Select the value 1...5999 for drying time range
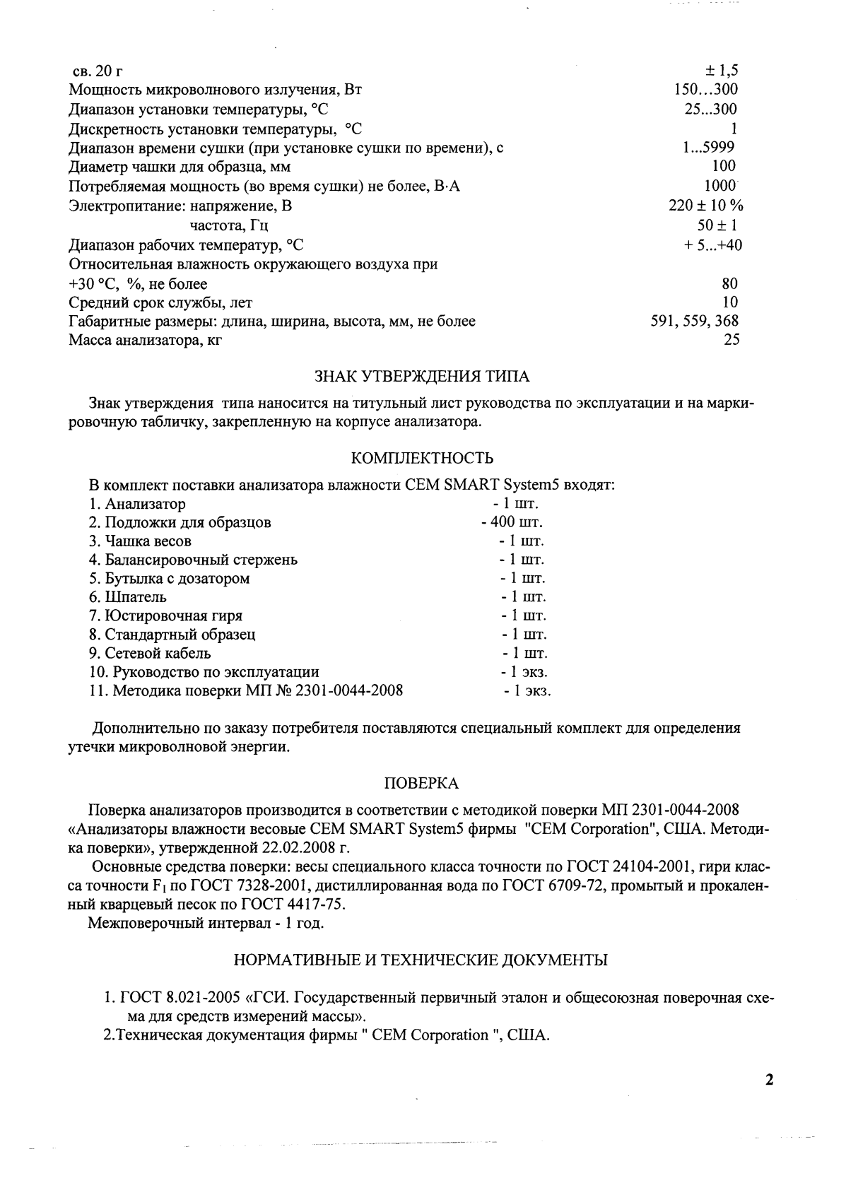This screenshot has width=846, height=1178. (x=705, y=147)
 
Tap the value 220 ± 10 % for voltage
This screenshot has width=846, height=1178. (x=705, y=206)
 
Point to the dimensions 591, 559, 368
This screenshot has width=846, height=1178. (x=694, y=321)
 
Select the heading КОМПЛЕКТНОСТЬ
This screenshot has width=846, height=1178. (x=422, y=459)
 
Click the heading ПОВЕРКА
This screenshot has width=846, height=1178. (x=421, y=783)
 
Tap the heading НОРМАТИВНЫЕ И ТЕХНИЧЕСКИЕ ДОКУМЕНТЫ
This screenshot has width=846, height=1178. (x=421, y=960)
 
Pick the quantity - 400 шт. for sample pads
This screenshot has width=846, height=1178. (x=512, y=523)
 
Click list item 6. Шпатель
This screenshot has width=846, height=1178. (x=128, y=597)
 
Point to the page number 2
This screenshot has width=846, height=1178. (x=770, y=1080)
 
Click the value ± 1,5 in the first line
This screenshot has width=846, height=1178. (x=721, y=71)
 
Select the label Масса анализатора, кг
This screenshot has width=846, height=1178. (x=149, y=340)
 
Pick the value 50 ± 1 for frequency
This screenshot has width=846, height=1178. (x=717, y=225)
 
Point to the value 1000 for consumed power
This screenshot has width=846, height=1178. (x=721, y=186)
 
